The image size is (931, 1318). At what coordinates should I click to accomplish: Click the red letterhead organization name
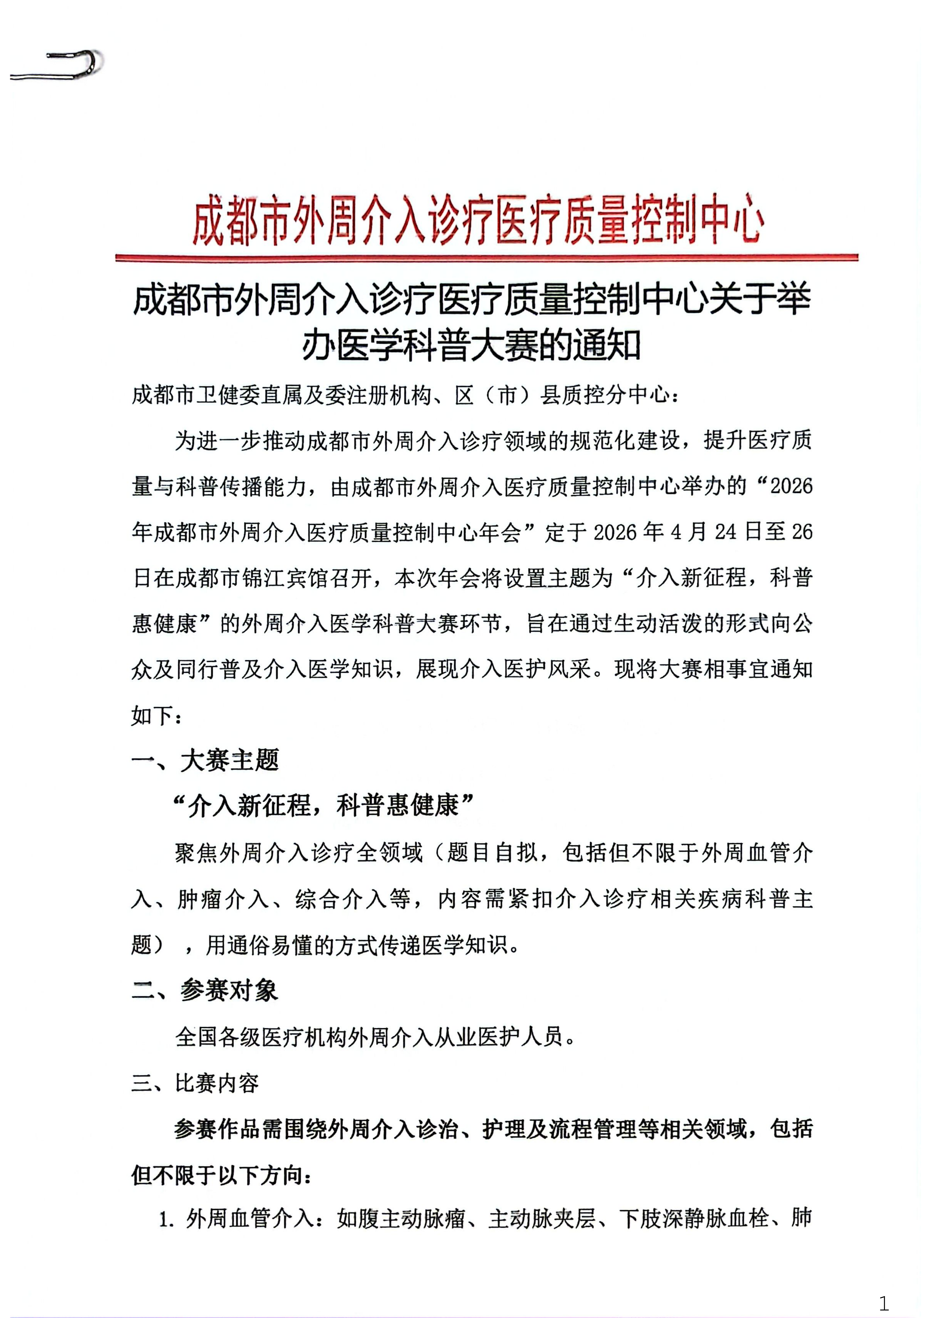click(x=478, y=220)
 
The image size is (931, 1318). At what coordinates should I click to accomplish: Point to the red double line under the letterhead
click(x=487, y=258)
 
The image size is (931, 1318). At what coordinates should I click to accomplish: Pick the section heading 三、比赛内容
click(x=195, y=1083)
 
